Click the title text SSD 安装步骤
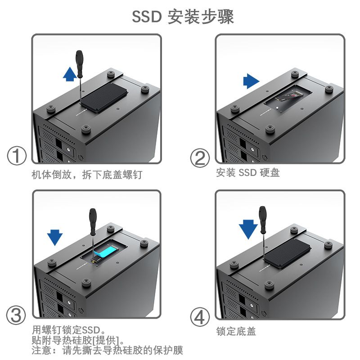click(183, 17)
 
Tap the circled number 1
click(17, 156)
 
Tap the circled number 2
click(200, 158)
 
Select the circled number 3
click(16, 315)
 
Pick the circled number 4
click(200, 317)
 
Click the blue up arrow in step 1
click(70, 74)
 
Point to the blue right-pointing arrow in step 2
click(251, 81)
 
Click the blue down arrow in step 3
click(54, 238)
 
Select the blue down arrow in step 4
click(248, 229)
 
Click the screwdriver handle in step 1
click(79, 64)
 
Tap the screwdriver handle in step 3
click(93, 222)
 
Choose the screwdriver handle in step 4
click(263, 220)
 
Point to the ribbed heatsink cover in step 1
click(104, 98)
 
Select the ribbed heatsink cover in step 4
click(287, 253)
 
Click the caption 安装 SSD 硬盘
click(248, 173)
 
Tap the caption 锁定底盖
click(236, 332)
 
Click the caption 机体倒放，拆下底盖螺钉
click(87, 175)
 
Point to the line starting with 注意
click(107, 351)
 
